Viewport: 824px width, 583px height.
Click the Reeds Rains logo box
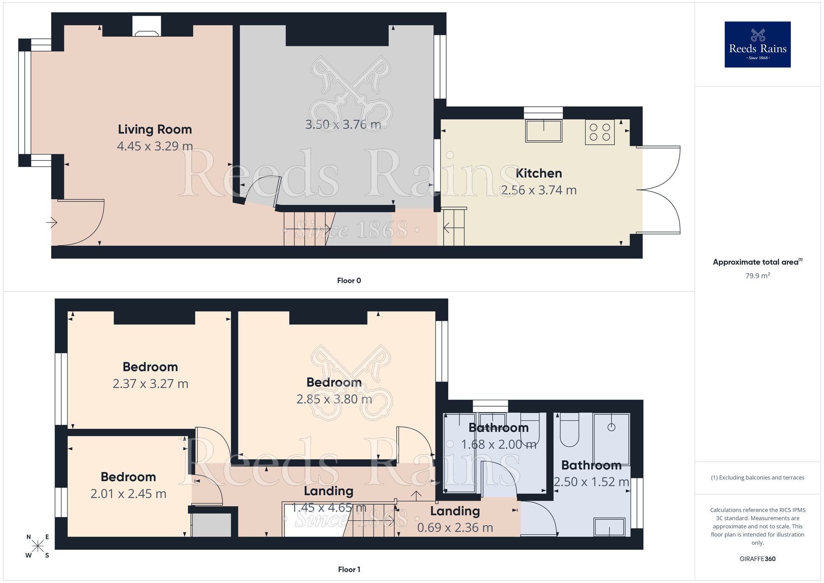click(757, 45)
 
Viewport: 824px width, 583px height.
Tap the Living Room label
click(155, 129)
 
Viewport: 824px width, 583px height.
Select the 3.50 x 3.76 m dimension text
click(343, 125)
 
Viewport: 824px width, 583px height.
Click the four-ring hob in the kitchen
click(599, 132)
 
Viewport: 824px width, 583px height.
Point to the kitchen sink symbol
click(543, 131)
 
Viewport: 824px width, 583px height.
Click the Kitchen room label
click(538, 174)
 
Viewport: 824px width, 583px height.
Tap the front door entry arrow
click(52, 223)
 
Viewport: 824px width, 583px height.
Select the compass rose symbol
click(37, 546)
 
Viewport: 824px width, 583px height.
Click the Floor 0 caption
click(349, 281)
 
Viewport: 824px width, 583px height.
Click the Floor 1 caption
click(349, 569)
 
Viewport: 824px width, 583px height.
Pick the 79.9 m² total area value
click(757, 276)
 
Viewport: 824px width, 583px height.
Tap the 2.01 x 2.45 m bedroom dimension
click(128, 494)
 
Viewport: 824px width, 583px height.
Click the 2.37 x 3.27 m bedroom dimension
click(150, 384)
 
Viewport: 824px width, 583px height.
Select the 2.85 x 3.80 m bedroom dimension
click(334, 399)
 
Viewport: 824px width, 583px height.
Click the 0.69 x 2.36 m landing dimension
click(455, 528)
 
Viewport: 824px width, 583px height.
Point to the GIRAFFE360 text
click(757, 559)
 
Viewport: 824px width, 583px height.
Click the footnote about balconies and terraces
click(757, 478)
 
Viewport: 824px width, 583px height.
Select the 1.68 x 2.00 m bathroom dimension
click(499, 444)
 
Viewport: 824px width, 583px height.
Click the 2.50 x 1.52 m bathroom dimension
click(591, 482)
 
